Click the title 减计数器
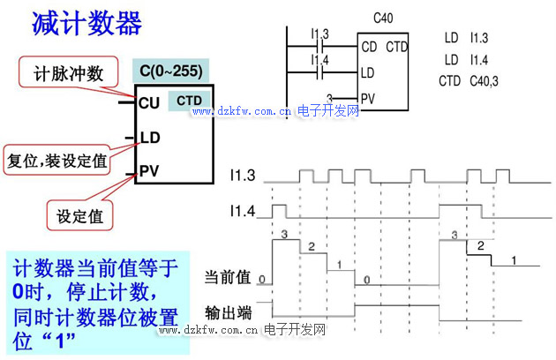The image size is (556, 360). [86, 24]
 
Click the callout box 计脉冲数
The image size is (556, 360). [68, 73]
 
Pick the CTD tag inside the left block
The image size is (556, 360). [189, 101]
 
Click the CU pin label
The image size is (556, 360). [149, 102]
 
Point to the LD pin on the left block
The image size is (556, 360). [150, 138]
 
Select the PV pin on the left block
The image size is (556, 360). [150, 168]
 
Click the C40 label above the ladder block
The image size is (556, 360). [383, 18]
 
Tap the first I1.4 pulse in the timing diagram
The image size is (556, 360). [279, 210]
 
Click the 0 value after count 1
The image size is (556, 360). [368, 278]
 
